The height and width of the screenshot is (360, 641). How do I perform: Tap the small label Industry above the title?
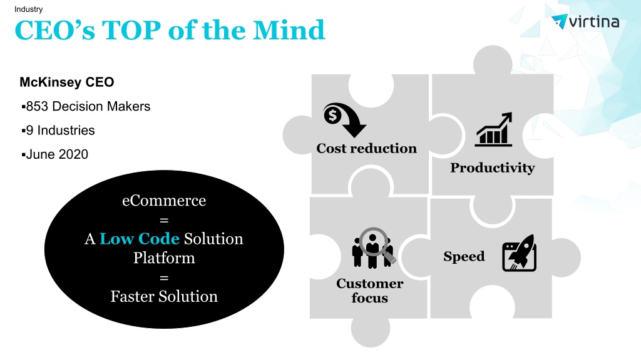pos(28,9)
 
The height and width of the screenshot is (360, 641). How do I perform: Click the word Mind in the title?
pos(289,30)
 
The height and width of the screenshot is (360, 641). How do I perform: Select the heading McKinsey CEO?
pos(66,82)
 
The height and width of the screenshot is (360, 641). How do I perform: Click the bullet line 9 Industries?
pos(58,130)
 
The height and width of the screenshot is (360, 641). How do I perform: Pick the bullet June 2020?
pos(55,154)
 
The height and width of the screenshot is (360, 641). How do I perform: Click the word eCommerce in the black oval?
pos(164,201)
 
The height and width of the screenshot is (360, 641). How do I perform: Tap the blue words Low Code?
pos(140,239)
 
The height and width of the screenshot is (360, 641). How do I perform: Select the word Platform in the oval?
pos(164,258)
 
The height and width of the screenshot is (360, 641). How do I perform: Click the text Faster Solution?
pos(164,296)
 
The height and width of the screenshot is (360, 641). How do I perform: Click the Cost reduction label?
pos(366,148)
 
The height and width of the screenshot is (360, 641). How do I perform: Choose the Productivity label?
pos(493,167)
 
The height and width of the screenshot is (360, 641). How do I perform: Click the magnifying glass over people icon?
pos(373,247)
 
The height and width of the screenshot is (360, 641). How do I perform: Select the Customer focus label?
pos(369,290)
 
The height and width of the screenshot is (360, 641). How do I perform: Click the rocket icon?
pos(519,252)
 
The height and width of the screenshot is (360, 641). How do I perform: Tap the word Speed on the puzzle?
pos(464,256)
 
